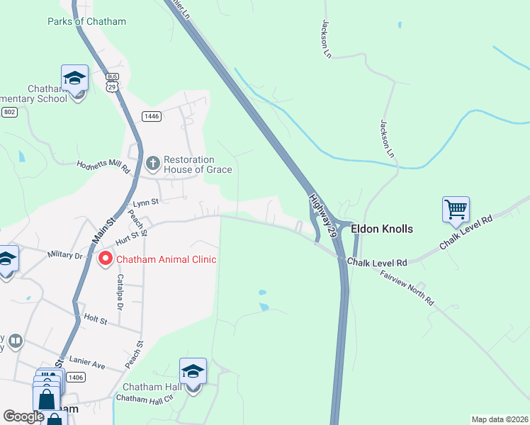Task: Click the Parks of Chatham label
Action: coord(86,21)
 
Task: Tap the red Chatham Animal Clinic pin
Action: coord(105,259)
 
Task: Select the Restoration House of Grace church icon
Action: coord(152,164)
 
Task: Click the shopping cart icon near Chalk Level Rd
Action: coord(456,210)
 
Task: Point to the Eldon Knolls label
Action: coord(382,229)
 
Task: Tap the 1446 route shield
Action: coord(151,116)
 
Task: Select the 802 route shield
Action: coord(9,113)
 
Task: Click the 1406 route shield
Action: coord(76,378)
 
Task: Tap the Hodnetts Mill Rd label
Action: coord(103,166)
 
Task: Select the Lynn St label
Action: coord(145,203)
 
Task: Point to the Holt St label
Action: coord(95,320)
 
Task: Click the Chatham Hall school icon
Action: coord(193,372)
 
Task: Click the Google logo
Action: coord(24,416)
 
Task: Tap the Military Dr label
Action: coord(65,254)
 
